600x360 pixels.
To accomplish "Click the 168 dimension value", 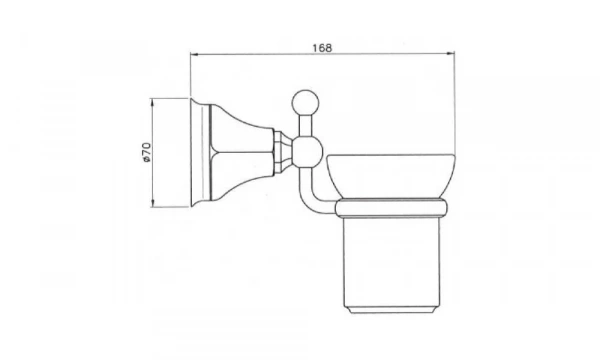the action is click(322, 48).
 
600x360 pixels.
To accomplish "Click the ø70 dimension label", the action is click(146, 152).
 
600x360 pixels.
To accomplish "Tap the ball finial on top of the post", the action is click(305, 103).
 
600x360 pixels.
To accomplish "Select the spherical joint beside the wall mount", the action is click(306, 152).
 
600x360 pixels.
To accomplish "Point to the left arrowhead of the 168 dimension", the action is click(194, 54).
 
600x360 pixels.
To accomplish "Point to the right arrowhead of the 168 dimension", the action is click(451, 54).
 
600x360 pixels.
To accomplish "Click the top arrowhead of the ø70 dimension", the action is click(152, 103).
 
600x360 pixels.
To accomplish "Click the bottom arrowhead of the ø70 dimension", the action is click(152, 203).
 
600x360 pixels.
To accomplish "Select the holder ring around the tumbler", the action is click(391, 209).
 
